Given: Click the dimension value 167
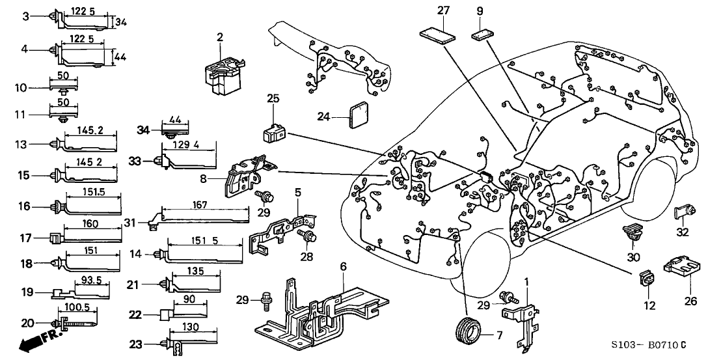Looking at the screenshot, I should (200, 205).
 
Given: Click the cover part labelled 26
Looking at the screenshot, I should (679, 268).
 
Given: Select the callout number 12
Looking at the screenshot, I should (649, 305).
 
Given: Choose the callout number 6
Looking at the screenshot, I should (342, 266).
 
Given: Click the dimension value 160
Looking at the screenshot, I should (90, 225).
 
